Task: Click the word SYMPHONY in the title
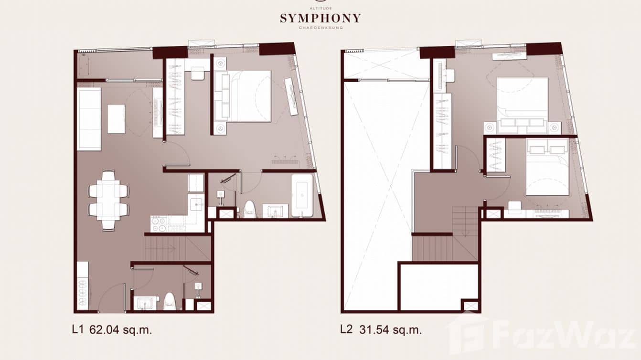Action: (320, 19)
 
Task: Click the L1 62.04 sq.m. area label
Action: (112, 330)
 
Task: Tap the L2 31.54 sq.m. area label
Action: (381, 330)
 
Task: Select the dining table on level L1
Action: (108, 200)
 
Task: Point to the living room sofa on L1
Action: (89, 119)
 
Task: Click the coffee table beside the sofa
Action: (116, 119)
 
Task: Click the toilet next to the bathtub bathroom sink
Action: (249, 209)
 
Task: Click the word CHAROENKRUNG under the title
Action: (320, 28)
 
